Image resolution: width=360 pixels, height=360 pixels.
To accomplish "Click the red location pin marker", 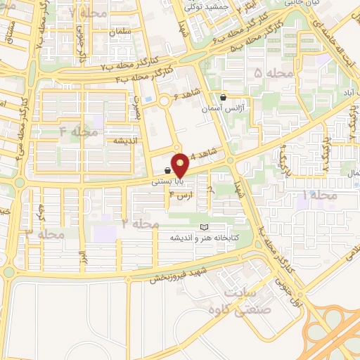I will [181, 165].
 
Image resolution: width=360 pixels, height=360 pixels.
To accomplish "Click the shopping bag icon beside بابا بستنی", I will [167, 170].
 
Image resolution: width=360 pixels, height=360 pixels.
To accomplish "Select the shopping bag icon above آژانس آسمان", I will [223, 98].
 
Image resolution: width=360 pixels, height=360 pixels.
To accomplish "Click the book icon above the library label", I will [204, 227].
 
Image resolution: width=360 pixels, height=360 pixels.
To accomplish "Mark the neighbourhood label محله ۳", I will [44, 233].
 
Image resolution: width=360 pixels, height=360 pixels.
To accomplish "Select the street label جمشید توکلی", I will [205, 6].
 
